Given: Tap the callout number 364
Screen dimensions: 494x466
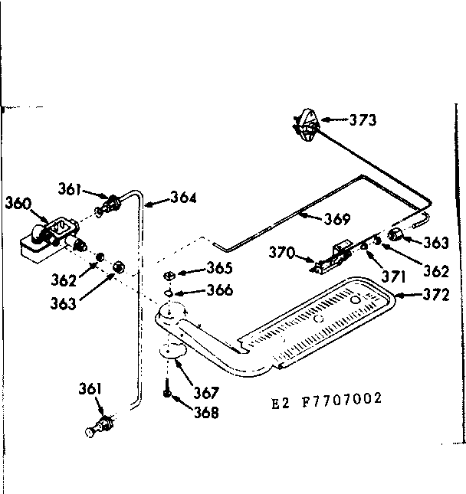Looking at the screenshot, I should pyautogui.click(x=183, y=198).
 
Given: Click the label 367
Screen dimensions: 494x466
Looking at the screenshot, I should pyautogui.click(x=205, y=393).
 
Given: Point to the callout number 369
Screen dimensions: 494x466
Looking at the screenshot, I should pyautogui.click(x=336, y=219).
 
